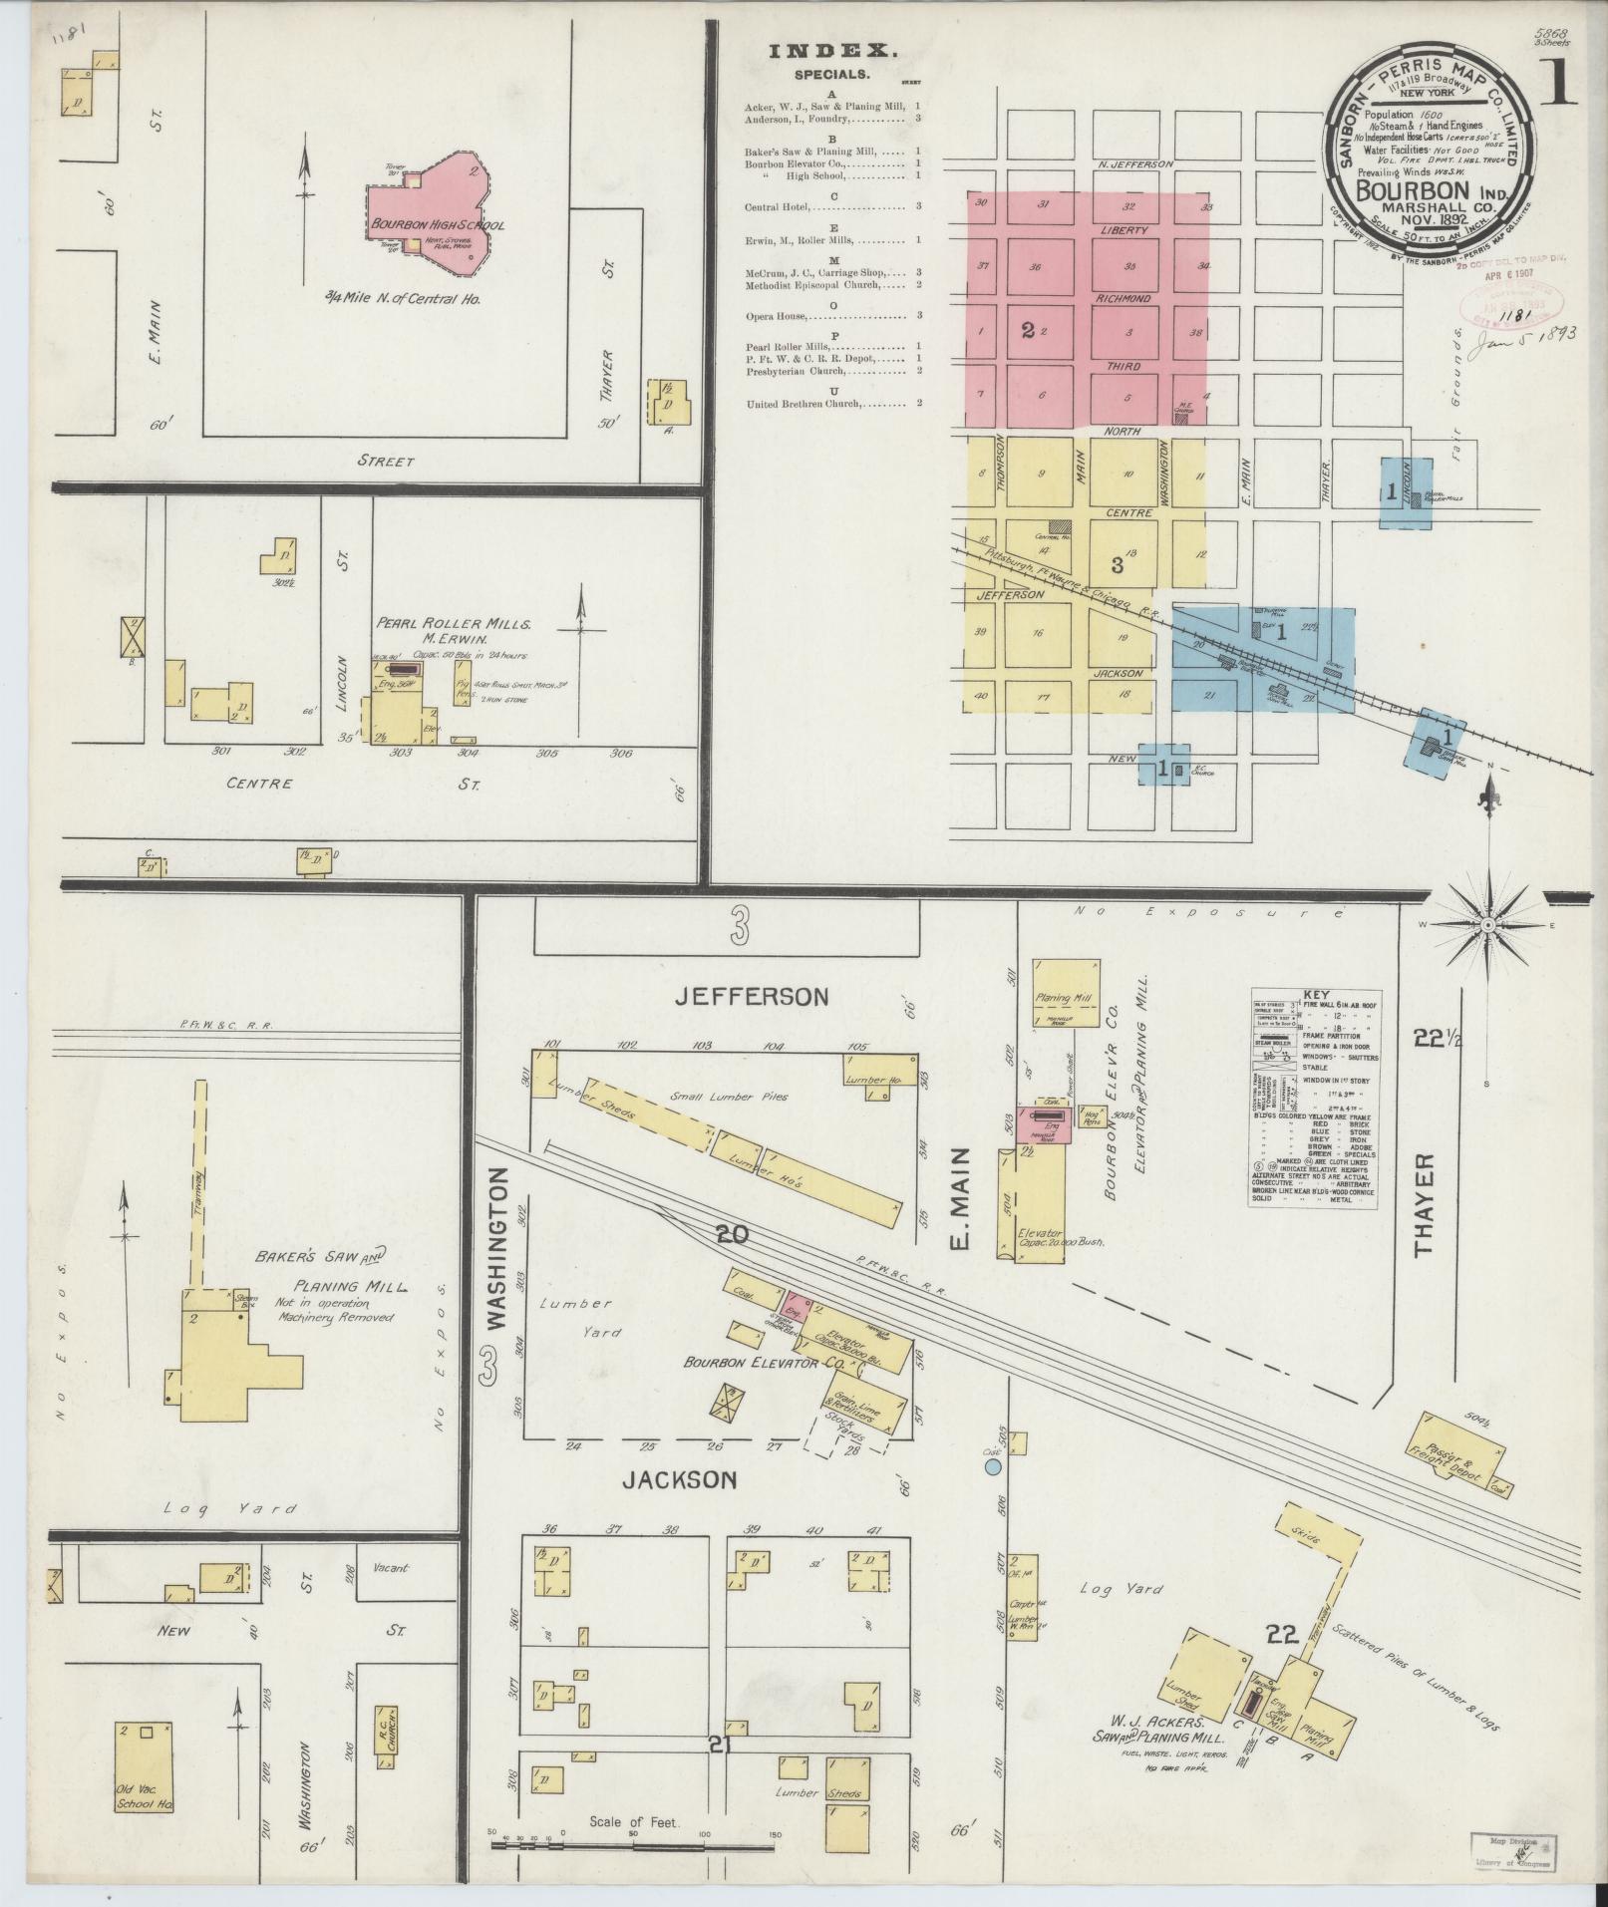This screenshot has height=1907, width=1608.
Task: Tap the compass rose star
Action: click(1486, 925)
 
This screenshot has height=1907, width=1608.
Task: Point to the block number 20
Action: click(731, 1234)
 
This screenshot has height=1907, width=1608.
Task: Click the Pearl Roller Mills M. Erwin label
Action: click(454, 631)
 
